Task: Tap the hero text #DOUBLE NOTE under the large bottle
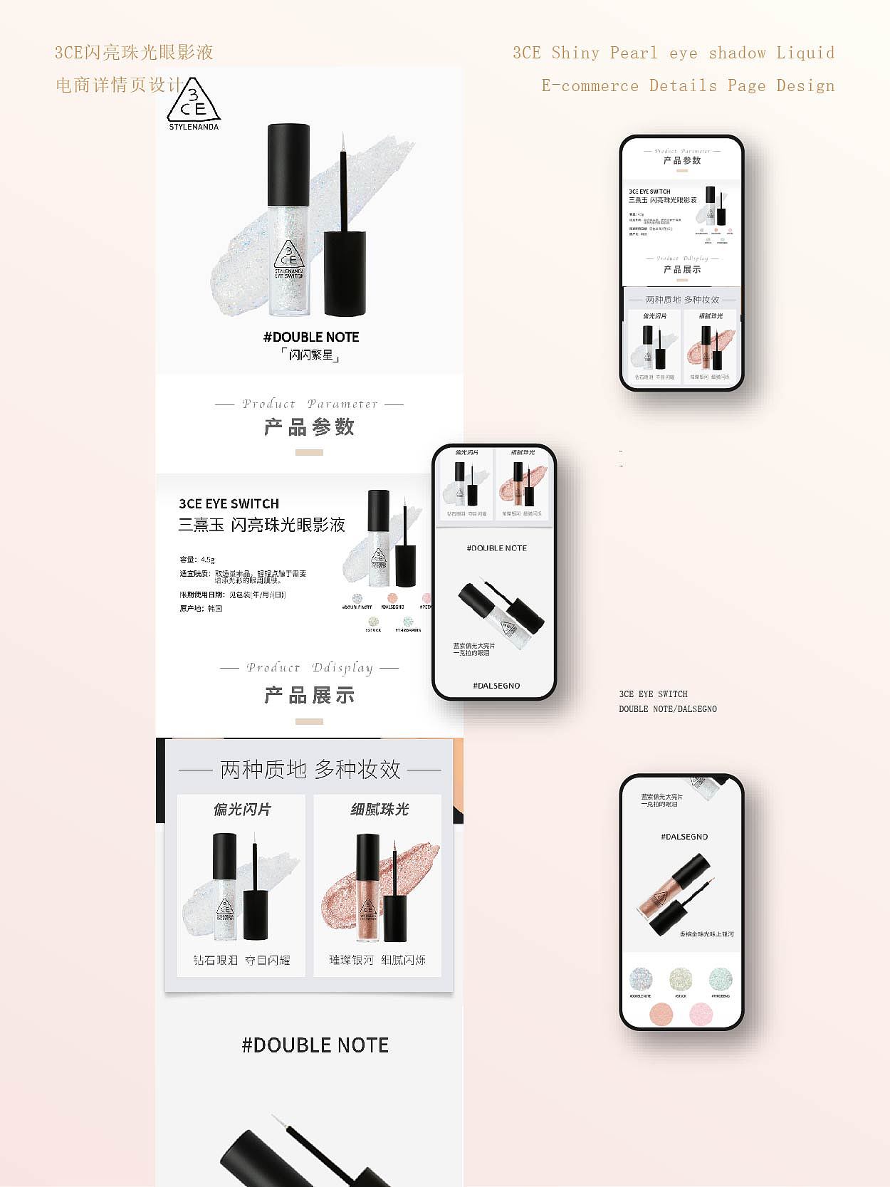click(311, 337)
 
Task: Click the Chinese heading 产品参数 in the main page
click(309, 427)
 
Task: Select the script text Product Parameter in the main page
click(309, 404)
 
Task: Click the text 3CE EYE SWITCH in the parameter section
click(229, 503)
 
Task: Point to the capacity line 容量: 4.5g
click(197, 560)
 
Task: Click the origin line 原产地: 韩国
click(201, 609)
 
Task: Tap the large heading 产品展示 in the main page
click(309, 695)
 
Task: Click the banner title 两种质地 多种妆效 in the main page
click(310, 769)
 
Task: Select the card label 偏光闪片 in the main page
click(242, 810)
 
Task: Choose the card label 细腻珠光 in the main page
click(379, 810)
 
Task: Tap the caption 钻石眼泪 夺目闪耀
click(241, 960)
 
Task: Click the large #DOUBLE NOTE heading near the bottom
click(315, 1045)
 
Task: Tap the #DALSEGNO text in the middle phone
click(496, 686)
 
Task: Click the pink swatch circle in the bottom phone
click(701, 1013)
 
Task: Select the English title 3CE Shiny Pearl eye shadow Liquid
click(673, 53)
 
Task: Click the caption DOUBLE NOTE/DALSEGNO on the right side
click(668, 709)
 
